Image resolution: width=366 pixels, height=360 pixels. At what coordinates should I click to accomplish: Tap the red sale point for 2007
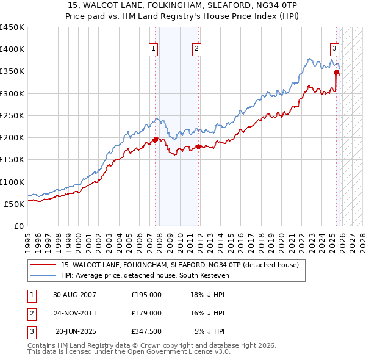coord(155,140)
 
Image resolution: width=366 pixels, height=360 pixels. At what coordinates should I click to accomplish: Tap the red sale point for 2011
coord(199,146)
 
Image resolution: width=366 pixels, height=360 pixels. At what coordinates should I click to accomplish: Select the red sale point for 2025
coord(336,72)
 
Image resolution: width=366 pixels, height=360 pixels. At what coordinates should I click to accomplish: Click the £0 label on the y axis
coord(18,226)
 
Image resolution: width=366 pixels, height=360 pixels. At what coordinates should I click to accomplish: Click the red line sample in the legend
coord(43,265)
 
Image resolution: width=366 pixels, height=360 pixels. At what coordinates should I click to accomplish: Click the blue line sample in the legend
coord(43,276)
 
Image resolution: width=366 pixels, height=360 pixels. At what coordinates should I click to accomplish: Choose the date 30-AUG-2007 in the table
coord(75,295)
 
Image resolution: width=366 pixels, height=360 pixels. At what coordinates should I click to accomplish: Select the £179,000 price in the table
coord(146,313)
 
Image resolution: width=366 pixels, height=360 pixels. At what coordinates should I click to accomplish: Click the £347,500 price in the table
coord(146,331)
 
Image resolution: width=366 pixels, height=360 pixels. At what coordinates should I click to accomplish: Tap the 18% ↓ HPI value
coord(207,295)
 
